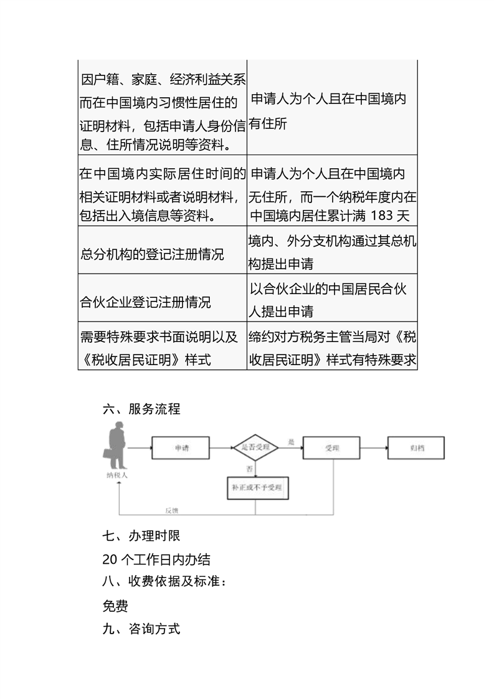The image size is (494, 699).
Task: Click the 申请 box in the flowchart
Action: point(181,448)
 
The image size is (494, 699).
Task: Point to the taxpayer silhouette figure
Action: point(116,446)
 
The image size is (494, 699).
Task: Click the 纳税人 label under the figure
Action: point(116,475)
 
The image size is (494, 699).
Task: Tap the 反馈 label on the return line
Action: point(173,510)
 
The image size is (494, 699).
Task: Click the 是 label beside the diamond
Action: point(290,442)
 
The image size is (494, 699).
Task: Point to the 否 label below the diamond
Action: point(249,468)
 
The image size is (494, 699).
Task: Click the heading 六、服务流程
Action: point(141,409)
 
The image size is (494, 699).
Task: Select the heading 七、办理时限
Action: point(141,535)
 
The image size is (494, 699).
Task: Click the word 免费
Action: point(115,606)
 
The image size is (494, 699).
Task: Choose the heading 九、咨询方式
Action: point(141,629)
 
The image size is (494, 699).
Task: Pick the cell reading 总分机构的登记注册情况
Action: point(152,255)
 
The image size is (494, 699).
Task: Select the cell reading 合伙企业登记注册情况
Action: point(146,303)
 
